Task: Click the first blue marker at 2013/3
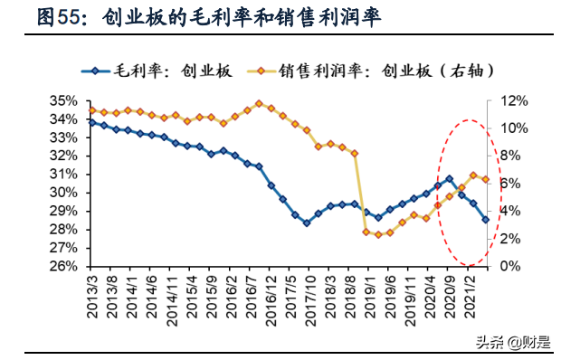pyautogui.click(x=91, y=122)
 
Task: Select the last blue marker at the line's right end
pyautogui.click(x=485, y=220)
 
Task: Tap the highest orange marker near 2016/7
pyautogui.click(x=259, y=103)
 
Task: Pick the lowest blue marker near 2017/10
pyautogui.click(x=307, y=223)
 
